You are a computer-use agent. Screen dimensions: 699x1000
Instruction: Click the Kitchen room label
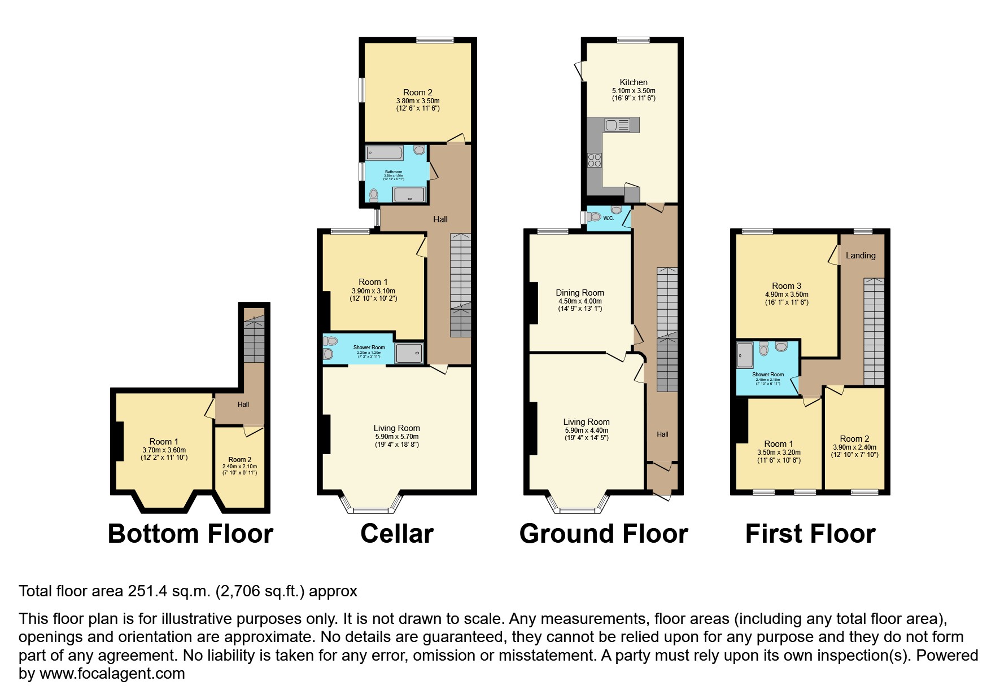(633, 82)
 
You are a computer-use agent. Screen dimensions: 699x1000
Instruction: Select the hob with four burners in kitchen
(594, 160)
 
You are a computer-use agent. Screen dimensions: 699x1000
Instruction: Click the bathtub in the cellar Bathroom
(385, 152)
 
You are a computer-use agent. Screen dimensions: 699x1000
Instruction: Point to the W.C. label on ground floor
(608, 218)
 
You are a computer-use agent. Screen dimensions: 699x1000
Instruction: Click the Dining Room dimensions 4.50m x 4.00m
(580, 301)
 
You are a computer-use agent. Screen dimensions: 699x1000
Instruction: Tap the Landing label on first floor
(860, 256)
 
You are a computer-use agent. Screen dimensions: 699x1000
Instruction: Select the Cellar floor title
(396, 534)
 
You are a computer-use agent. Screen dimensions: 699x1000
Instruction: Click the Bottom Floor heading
(190, 534)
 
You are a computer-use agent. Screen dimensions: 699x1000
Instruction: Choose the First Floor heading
(810, 534)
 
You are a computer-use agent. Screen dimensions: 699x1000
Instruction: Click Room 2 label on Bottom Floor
(240, 460)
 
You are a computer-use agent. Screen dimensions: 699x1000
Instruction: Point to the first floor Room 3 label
(787, 286)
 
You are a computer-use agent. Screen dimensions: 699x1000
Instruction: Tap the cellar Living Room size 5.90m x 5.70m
(396, 437)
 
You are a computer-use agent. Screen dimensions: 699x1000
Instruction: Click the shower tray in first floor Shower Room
(745, 355)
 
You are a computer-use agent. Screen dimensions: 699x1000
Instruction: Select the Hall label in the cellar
(440, 219)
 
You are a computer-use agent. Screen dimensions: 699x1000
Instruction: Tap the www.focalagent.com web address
(112, 674)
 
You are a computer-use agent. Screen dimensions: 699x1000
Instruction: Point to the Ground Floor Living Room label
(586, 422)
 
